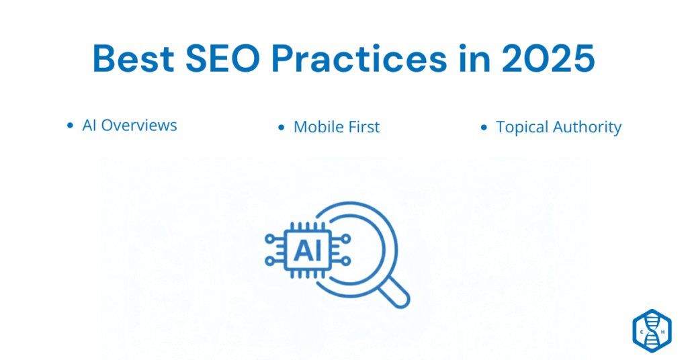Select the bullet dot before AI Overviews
70,126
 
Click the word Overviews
139,125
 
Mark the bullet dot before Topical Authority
484,127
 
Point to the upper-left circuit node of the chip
270,238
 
